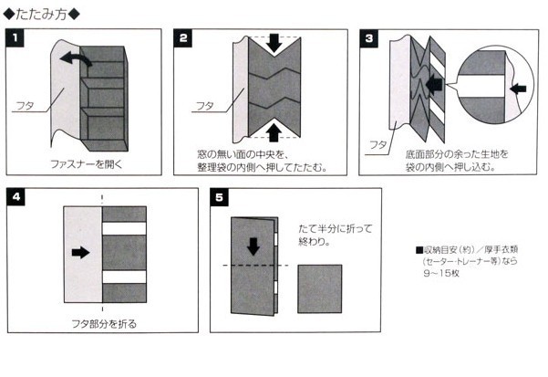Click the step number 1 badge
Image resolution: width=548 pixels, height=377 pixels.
15,38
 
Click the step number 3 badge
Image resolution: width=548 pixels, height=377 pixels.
368,38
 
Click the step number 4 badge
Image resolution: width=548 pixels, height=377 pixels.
15,197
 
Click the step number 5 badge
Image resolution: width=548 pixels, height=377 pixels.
219,197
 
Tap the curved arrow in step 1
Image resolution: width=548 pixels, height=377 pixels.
75,59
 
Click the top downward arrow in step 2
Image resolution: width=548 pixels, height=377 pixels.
274,42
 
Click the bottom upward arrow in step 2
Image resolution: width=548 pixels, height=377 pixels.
274,132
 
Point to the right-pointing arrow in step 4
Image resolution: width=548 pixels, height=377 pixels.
82,253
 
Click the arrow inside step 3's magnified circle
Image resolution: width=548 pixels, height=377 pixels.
519,89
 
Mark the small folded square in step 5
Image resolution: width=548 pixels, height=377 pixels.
319,289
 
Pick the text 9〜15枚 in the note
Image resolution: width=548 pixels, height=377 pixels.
441,274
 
